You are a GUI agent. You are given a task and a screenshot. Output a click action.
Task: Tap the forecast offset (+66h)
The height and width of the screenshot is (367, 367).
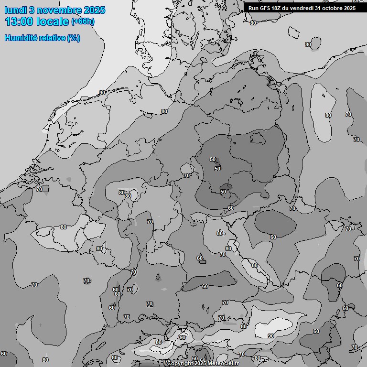[x=83, y=22]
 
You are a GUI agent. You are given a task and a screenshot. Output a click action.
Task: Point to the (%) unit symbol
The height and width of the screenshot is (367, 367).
[x=74, y=38]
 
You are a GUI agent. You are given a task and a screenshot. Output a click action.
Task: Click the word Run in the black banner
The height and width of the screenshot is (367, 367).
[x=254, y=8]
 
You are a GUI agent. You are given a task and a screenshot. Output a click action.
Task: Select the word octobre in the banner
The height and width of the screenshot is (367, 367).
[x=335, y=8]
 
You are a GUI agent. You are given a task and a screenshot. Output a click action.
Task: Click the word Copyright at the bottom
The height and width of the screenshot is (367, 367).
[x=180, y=364]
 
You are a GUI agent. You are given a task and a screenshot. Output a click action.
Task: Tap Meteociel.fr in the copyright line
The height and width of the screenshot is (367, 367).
[x=224, y=364]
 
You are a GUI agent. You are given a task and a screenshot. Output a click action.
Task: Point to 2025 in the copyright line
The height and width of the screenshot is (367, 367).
[x=202, y=364]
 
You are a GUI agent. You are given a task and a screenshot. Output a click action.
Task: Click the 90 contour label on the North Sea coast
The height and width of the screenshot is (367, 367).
[x=102, y=93]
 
